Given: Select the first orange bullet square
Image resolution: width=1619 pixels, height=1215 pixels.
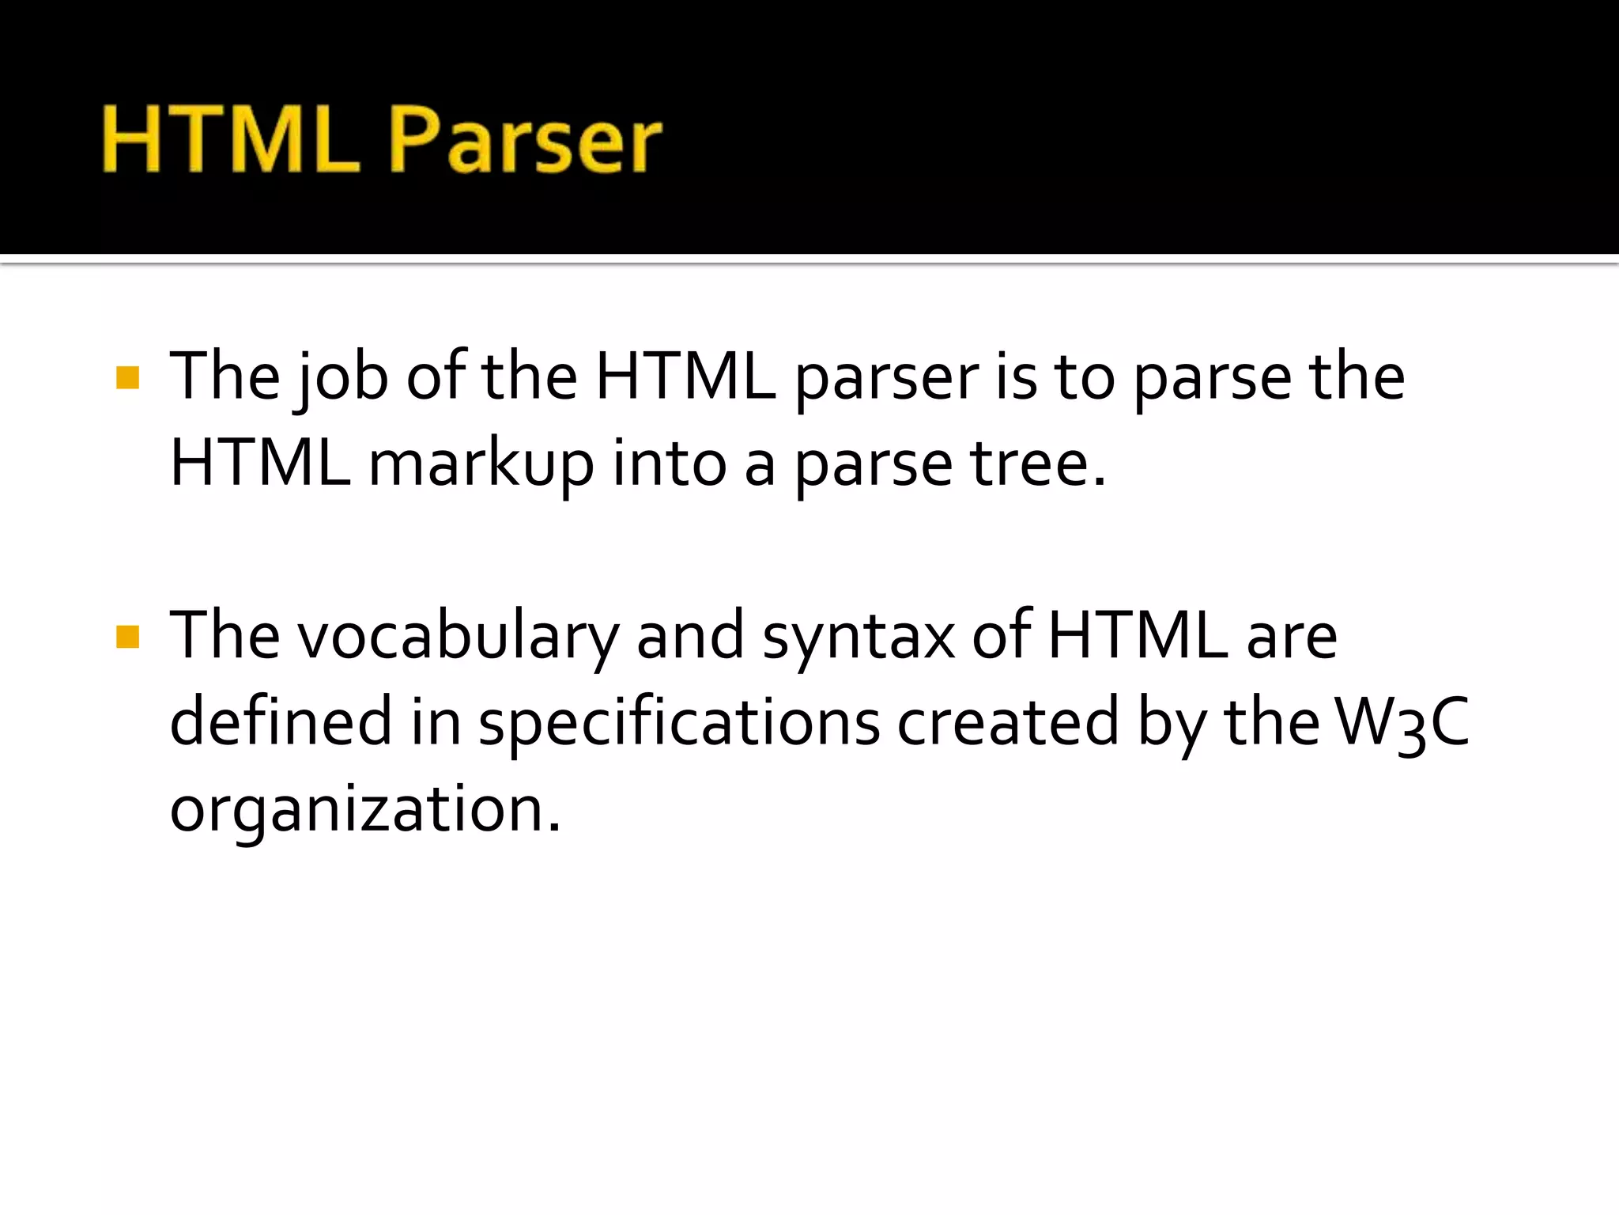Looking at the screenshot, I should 127,377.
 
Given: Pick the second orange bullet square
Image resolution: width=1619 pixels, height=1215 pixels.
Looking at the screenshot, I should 127,637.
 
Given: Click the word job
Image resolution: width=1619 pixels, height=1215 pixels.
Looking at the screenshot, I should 342,377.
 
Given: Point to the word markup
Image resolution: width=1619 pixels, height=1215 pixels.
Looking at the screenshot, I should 481,464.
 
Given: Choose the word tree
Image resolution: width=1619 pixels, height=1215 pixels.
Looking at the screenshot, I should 1037,464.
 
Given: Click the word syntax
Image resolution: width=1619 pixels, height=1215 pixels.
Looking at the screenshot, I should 859,637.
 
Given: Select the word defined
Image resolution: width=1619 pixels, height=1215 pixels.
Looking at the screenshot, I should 281,721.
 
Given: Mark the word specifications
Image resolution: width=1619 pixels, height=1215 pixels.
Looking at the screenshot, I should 679,721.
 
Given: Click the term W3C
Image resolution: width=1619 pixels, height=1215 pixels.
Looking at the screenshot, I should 1402,721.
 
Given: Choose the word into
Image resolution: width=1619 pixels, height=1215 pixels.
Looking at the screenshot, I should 669,464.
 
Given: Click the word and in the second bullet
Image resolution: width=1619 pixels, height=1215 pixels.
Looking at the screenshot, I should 690,637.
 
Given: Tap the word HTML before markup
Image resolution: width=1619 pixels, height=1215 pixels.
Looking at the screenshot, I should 260,464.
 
